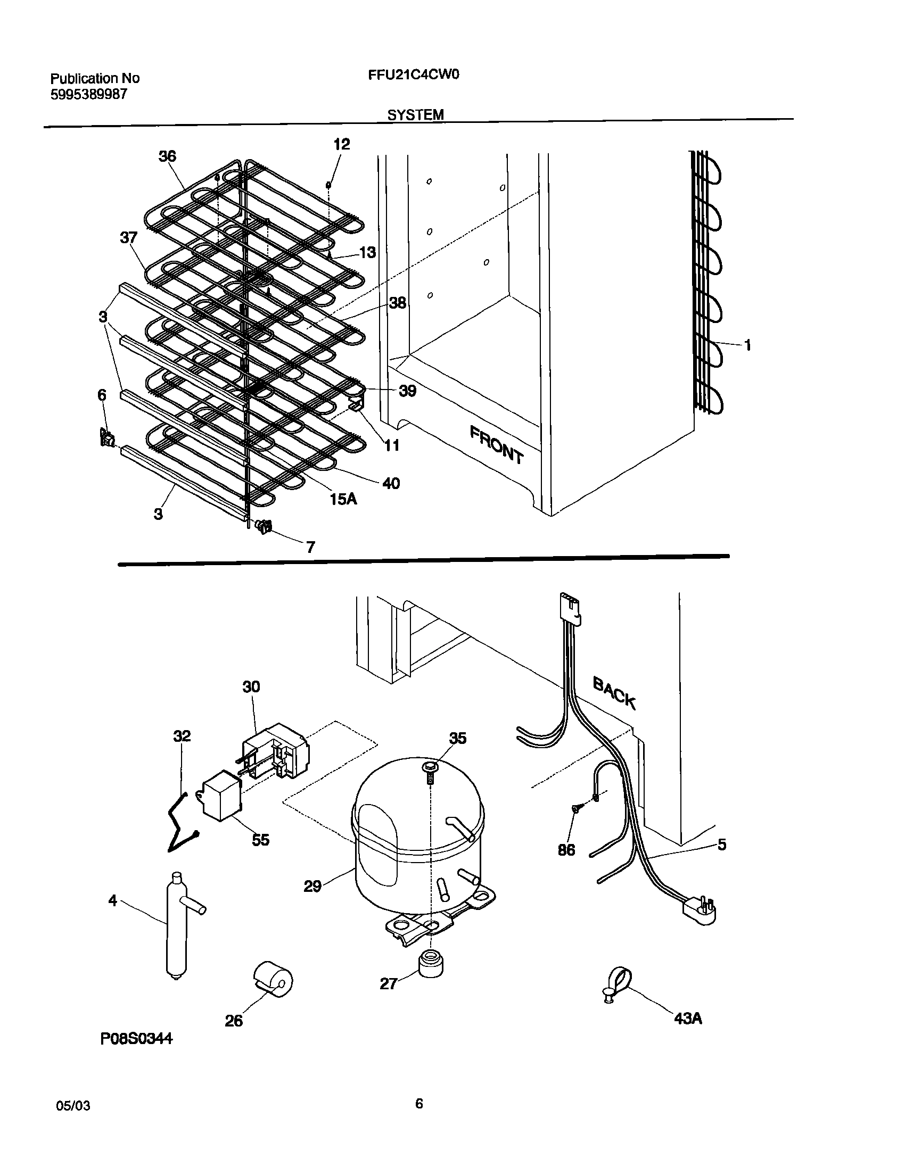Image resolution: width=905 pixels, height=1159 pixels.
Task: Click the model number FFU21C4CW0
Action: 413,75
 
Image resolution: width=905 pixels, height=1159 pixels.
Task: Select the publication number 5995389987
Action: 89,94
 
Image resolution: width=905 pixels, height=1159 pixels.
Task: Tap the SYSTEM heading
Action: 415,114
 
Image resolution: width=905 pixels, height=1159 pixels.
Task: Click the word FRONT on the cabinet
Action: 496,444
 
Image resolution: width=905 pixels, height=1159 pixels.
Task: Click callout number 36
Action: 167,156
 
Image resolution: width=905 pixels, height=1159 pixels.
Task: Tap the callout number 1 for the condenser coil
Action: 747,345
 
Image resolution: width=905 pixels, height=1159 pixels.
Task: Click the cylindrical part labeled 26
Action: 273,979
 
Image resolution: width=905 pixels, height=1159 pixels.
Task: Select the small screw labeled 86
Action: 576,823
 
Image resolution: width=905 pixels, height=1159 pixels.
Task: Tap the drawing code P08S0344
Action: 136,1053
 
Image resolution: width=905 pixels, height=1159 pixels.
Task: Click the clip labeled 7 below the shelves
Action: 265,527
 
